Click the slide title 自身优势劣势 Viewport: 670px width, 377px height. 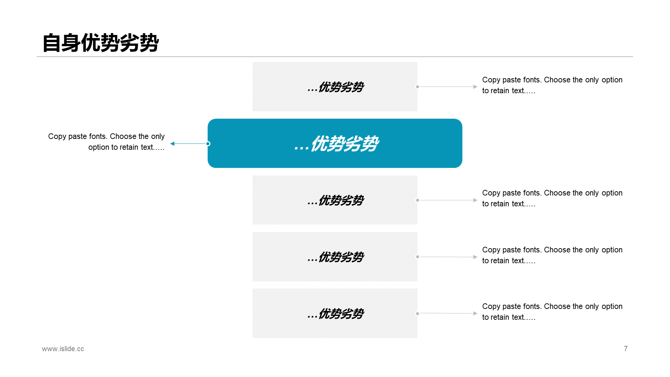pyautogui.click(x=100, y=43)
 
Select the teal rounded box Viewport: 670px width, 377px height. pyautogui.click(x=335, y=143)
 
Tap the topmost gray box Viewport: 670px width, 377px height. pyautogui.click(x=335, y=87)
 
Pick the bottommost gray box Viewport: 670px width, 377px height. pyautogui.click(x=335, y=313)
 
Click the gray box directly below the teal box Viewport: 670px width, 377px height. pyautogui.click(x=335, y=200)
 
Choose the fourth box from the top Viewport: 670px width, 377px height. pyautogui.click(x=335, y=257)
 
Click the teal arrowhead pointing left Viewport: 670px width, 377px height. pyautogui.click(x=172, y=143)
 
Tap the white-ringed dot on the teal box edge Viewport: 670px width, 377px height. pyautogui.click(x=208, y=143)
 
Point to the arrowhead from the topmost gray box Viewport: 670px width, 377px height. pyautogui.click(x=475, y=87)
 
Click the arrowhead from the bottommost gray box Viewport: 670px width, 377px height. pyautogui.click(x=475, y=313)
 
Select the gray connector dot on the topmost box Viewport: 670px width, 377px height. pyautogui.click(x=417, y=87)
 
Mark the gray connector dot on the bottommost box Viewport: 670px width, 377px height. pyautogui.click(x=417, y=313)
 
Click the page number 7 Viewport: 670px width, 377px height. pyautogui.click(x=626, y=349)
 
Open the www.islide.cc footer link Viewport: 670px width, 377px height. pyautogui.click(x=63, y=349)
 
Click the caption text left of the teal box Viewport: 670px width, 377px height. pyautogui.click(x=106, y=142)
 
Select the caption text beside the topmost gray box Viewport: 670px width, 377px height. pyautogui.click(x=552, y=85)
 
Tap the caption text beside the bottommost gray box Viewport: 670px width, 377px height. pyautogui.click(x=552, y=312)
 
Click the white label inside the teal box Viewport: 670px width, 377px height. pyautogui.click(x=336, y=143)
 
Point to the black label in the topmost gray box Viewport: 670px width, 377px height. pyautogui.click(x=336, y=87)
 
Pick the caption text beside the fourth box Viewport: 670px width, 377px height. pyautogui.click(x=552, y=255)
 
